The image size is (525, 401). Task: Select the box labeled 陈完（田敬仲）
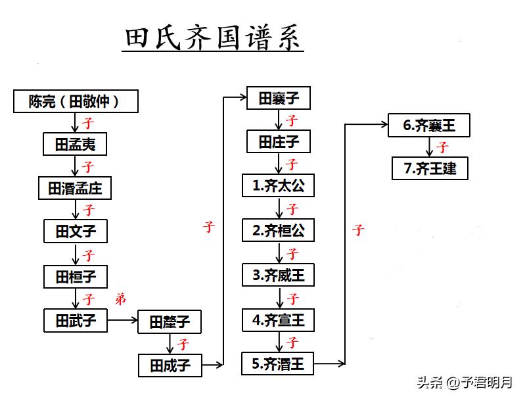pos(76,101)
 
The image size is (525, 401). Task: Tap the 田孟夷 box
pos(75,144)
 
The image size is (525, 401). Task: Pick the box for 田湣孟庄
pos(75,188)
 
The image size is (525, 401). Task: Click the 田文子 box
pos(76,231)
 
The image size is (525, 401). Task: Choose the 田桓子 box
pos(76,277)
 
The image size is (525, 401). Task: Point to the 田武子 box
pos(76,321)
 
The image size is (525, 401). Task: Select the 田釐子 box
pos(170,322)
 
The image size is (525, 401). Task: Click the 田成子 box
pos(170,366)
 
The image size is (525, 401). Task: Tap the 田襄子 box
pos(279,98)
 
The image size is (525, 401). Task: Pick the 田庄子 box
pos(279,141)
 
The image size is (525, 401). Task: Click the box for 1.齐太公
pos(278,185)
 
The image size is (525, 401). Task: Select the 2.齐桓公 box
pos(278,230)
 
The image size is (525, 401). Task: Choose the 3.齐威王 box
pos(278,275)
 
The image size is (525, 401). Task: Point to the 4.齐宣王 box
pos(278,320)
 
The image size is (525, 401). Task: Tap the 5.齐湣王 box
pos(277,364)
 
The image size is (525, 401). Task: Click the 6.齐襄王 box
pos(429,126)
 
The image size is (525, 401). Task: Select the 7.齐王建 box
pos(430,168)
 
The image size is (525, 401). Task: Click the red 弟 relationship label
pos(120,298)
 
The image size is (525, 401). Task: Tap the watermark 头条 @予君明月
pos(465,382)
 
